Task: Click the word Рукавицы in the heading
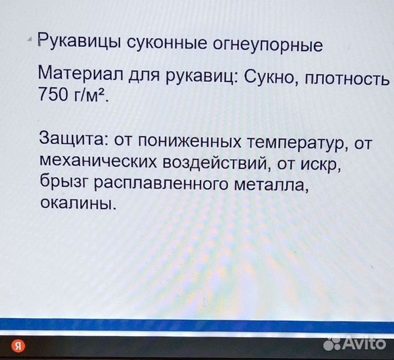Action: tap(79, 45)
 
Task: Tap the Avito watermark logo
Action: tap(354, 343)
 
